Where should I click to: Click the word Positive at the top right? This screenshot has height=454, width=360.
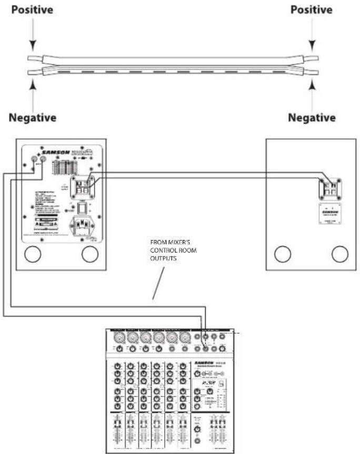pyautogui.click(x=312, y=10)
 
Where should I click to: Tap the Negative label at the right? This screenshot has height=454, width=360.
pyautogui.click(x=313, y=117)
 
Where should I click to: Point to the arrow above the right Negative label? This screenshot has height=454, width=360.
pyautogui.click(x=312, y=89)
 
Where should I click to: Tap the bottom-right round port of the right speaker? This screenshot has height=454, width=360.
pyautogui.click(x=339, y=254)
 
